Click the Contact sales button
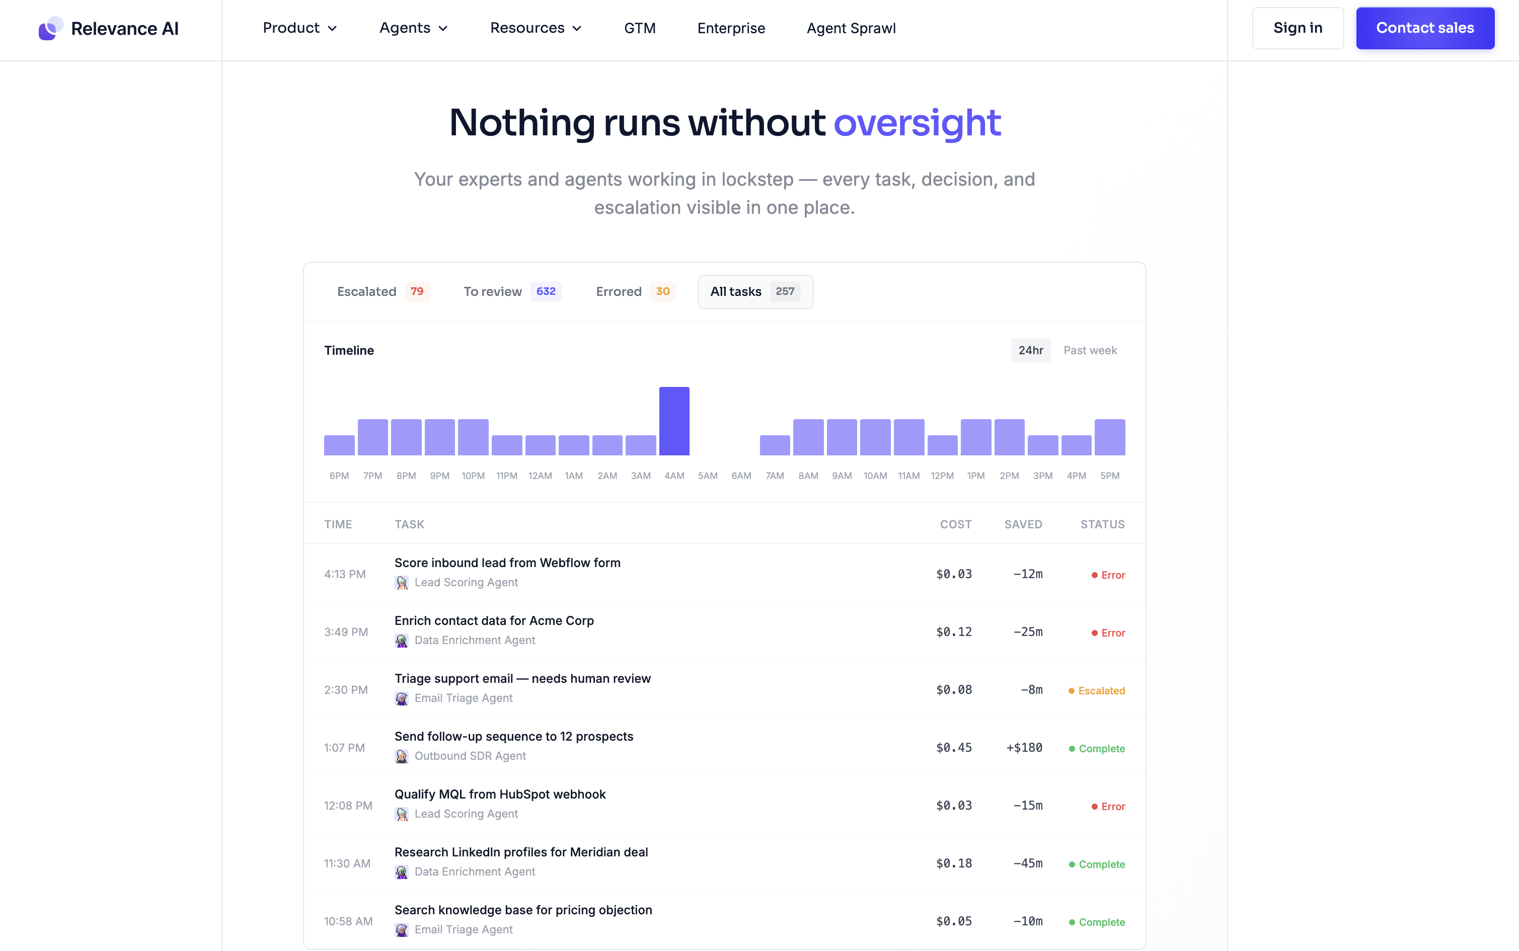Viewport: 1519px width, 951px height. coord(1425,28)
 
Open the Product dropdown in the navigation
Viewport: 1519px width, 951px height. coord(300,28)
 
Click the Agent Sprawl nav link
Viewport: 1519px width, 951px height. coord(851,28)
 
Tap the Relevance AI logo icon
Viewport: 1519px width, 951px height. coord(50,28)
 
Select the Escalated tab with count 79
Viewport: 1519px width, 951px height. coord(383,291)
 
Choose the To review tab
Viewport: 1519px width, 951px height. coord(512,291)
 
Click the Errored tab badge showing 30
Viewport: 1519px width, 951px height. coord(663,291)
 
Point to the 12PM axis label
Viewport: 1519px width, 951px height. coord(942,475)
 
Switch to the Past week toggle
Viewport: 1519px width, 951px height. coord(1090,350)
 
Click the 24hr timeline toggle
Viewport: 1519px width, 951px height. coord(1031,350)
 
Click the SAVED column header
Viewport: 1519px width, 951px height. coord(1023,524)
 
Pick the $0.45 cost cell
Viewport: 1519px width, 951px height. coord(954,747)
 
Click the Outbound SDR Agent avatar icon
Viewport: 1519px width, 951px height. coord(401,756)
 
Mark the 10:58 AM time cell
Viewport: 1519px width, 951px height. coord(348,921)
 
